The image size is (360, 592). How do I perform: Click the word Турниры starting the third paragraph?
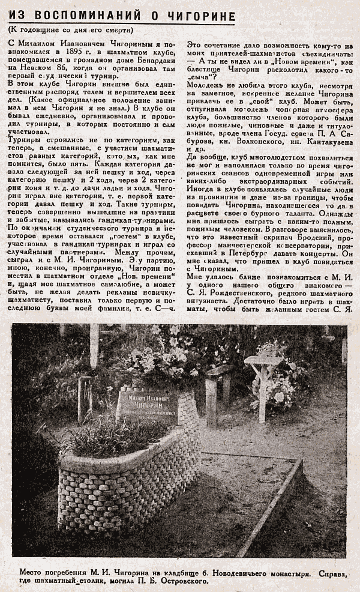pos(25,139)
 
